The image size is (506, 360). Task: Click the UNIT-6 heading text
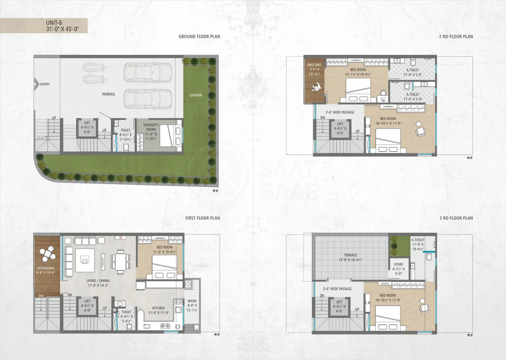54,23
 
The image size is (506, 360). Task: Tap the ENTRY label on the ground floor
45,84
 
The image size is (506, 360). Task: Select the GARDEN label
196,95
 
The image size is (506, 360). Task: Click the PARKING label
109,94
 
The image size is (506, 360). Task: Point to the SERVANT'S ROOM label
151,127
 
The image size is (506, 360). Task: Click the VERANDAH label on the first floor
46,268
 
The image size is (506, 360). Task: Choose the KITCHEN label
158,308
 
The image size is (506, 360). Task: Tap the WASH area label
192,301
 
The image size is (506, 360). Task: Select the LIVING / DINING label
98,281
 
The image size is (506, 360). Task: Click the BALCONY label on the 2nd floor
314,65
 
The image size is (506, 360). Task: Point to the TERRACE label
351,255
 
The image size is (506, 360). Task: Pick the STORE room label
398,264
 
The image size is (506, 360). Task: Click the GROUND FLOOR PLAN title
199,36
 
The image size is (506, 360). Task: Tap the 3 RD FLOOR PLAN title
456,218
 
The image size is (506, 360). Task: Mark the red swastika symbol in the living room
121,238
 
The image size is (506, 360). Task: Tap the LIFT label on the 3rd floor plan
339,302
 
